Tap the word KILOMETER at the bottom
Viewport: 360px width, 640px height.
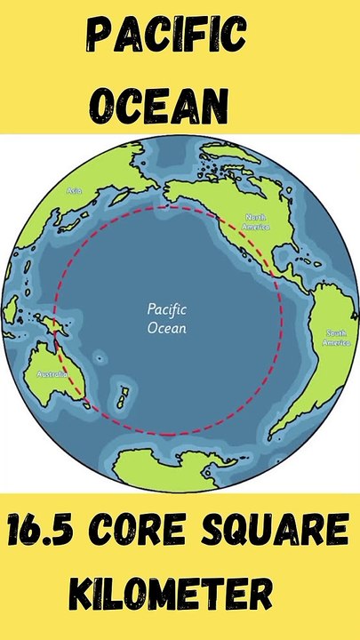coord(180,591)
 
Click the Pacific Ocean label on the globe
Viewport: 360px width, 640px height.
coord(165,319)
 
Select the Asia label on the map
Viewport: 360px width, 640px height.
coord(75,190)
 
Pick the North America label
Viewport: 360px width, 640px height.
coord(258,222)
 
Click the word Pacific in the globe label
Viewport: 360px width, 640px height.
coord(165,310)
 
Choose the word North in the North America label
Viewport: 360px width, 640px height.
coord(256,217)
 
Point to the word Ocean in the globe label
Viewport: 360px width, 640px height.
coord(165,328)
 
